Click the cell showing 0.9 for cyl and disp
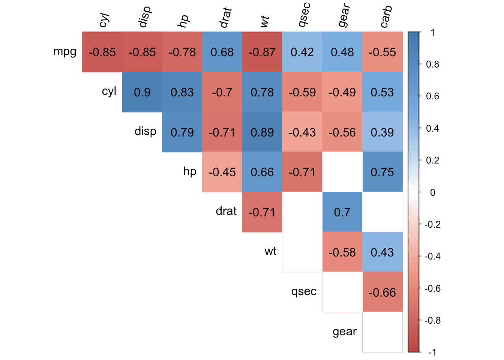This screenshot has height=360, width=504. pos(142,92)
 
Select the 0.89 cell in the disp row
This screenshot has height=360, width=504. pos(262,132)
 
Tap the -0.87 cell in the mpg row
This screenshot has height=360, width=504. pos(262,52)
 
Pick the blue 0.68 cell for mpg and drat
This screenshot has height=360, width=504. pos(222,52)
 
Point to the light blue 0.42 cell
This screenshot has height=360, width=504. pos(302,52)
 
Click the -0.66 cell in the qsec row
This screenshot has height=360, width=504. pos(382,292)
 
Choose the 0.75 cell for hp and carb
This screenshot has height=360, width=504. pos(382,172)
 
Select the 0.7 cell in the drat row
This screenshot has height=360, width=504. pos(342,212)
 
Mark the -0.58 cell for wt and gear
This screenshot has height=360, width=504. pos(342,252)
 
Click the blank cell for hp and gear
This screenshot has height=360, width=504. pos(342,172)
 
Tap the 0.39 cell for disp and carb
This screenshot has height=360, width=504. pos(382,132)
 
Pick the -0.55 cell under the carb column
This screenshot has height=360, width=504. pos(382,52)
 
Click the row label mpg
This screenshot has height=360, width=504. pos(65,51)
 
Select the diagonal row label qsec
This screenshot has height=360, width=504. pos(304,291)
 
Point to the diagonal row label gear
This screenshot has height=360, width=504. pos(344,331)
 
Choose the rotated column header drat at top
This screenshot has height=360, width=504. pos(225,18)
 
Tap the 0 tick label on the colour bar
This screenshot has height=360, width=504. pos(432,192)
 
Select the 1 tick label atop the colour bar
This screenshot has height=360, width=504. pos(432,33)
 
